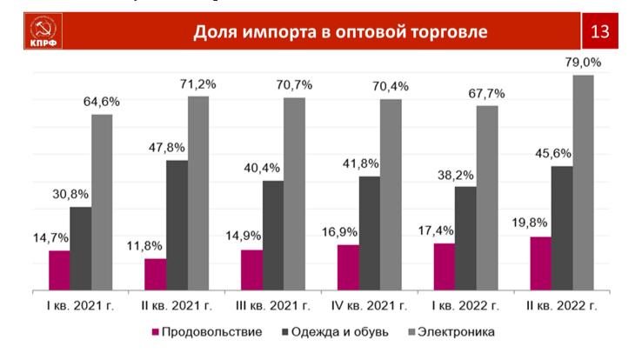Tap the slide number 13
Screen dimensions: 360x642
coord(600,33)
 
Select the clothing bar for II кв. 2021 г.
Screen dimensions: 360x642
coord(177,224)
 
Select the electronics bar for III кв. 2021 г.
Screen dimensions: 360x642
coord(295,192)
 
